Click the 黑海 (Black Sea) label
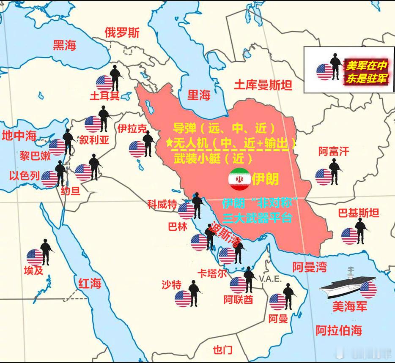coord(64,45)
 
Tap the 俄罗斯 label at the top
coord(122,33)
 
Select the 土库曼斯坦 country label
coord(263,86)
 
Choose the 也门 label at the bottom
coord(222,350)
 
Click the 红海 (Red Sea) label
coord(89,283)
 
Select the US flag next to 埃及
coord(35,257)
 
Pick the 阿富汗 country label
coord(334,151)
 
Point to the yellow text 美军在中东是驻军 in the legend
coord(366,72)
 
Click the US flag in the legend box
coord(325,72)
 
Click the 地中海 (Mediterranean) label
coord(19,136)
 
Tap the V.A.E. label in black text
coord(270,279)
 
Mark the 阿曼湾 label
coord(310,267)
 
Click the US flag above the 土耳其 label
coord(104,82)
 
